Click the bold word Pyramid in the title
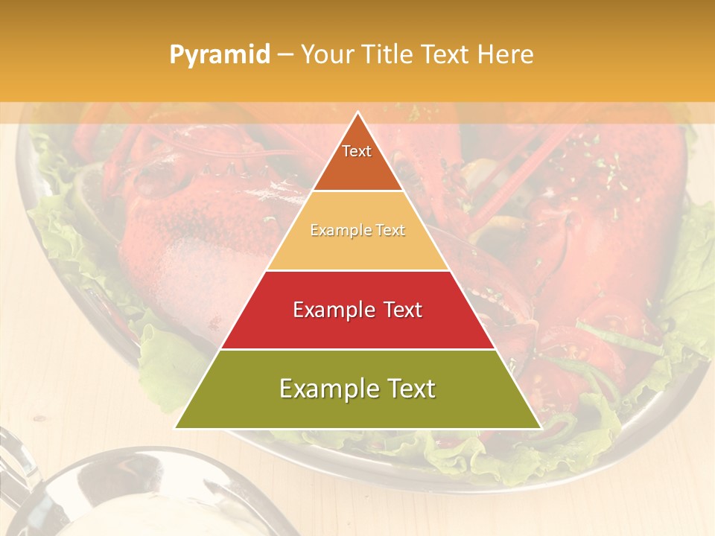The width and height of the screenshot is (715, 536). tap(220, 54)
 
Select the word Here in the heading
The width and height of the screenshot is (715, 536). tap(506, 54)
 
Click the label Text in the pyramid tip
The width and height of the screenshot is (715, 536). tap(357, 151)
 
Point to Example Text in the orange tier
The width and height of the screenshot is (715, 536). tap(357, 230)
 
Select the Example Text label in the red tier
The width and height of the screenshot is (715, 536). tap(357, 310)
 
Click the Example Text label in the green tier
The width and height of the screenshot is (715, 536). tap(357, 389)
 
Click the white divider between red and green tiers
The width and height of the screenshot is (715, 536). tap(357, 349)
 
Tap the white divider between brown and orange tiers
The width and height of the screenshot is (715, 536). tap(357, 191)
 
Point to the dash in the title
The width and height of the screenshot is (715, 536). tap(285, 54)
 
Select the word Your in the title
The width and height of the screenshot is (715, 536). tap(326, 54)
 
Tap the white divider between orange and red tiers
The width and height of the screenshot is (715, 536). tap(357, 270)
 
